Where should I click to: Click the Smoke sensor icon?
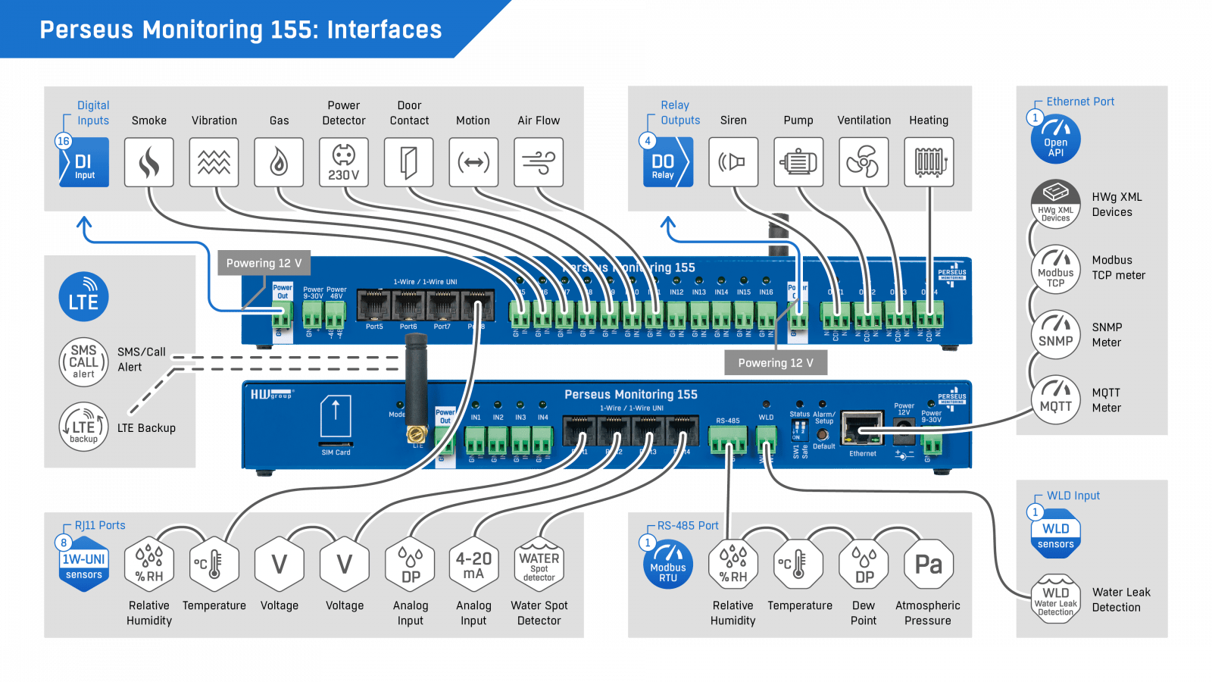tap(149, 162)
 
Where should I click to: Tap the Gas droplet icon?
tap(279, 162)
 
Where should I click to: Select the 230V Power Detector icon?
tap(344, 162)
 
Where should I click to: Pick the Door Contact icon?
tap(409, 162)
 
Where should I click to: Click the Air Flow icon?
tap(539, 162)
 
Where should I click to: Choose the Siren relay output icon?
tap(733, 162)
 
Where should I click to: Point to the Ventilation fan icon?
tap(864, 162)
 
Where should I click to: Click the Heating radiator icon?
tap(929, 162)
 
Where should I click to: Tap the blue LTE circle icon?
tap(83, 297)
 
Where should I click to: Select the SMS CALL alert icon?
tap(83, 362)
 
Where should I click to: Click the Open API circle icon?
tap(1055, 139)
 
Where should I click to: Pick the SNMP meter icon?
tap(1055, 334)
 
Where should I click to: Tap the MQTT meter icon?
tap(1055, 399)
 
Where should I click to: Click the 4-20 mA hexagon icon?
tap(473, 565)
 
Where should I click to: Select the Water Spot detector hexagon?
tap(539, 565)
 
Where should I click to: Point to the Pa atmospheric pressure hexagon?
tap(929, 565)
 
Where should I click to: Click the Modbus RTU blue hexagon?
tap(668, 565)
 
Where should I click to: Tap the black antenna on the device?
tap(416, 386)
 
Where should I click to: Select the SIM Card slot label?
tap(336, 452)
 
